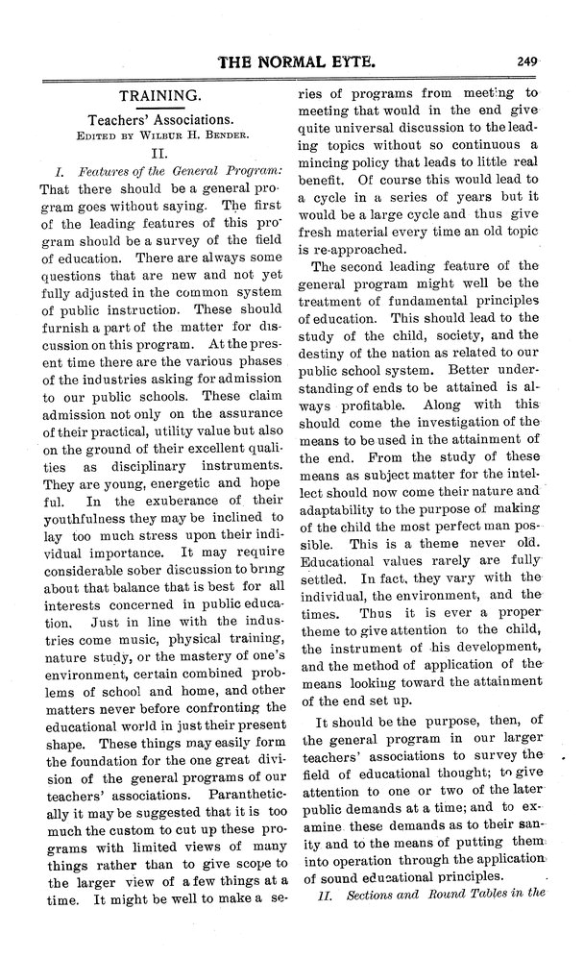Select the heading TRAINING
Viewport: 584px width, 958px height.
click(158, 97)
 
